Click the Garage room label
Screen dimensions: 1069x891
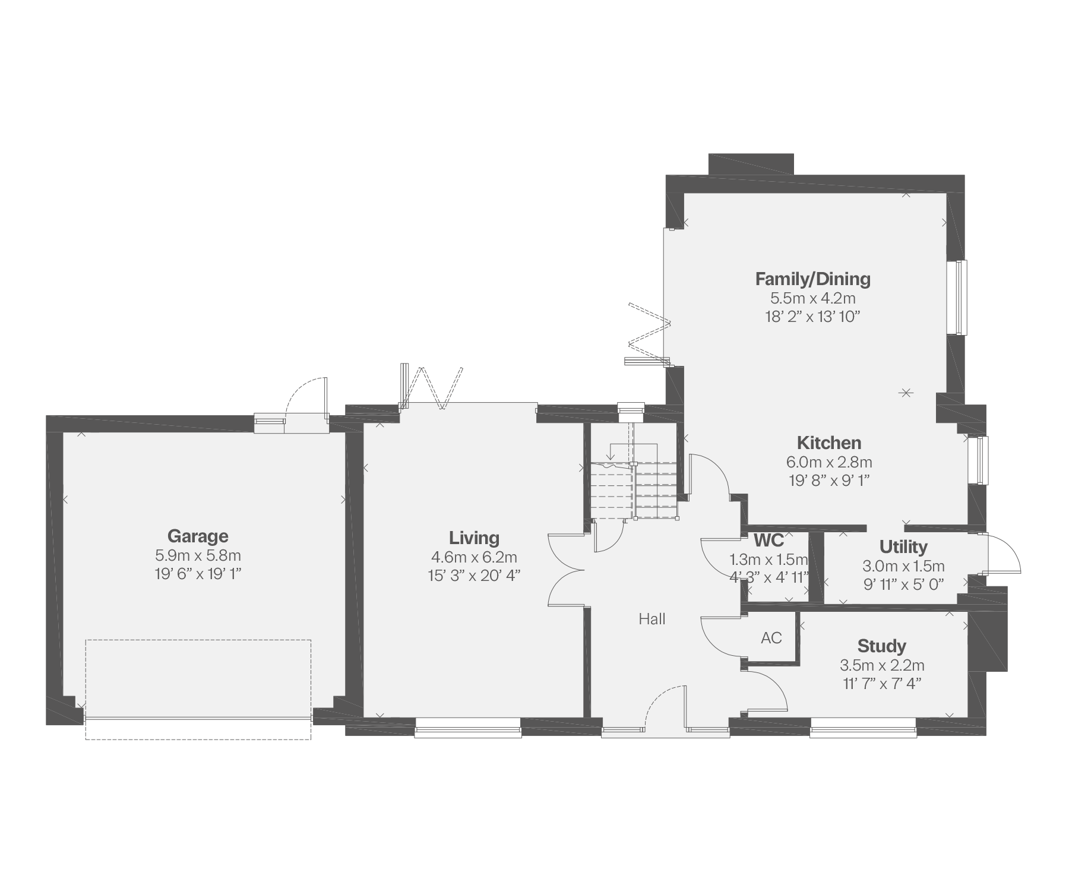tap(198, 536)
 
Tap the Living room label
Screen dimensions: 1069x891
tap(474, 538)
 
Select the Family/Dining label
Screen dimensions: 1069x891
tap(812, 279)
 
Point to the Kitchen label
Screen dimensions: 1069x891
tap(829, 443)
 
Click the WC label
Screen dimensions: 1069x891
tap(768, 541)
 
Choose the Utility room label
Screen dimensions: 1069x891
tap(903, 546)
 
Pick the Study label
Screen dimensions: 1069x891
tap(881, 646)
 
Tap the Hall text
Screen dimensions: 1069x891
tap(652, 619)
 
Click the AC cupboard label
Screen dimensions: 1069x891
tap(771, 638)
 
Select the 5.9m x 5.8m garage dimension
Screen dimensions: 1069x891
tap(198, 556)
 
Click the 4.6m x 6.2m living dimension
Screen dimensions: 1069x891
tap(474, 557)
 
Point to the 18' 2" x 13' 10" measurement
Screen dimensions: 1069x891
tap(812, 317)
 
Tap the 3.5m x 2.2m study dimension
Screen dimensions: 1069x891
tap(881, 665)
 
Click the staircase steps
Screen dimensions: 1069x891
tap(634, 491)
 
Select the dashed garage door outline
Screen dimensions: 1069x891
tap(198, 690)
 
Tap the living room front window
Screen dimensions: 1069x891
tap(468, 728)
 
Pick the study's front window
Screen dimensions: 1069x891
tap(864, 728)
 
